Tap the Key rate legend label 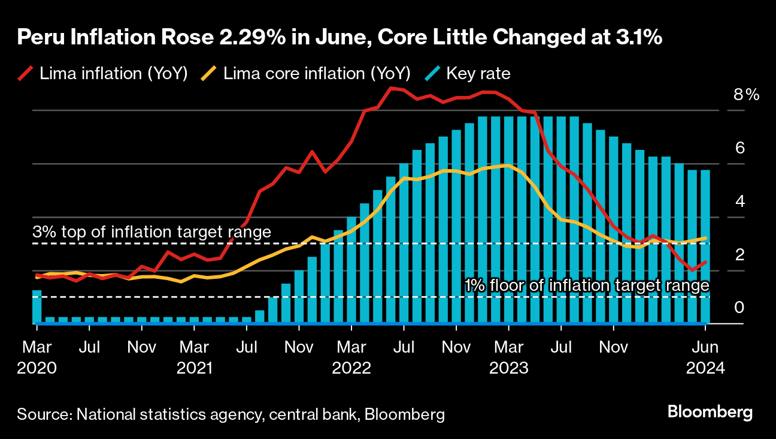tap(478, 74)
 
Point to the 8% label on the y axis tap(745, 95)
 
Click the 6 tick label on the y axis tap(739, 148)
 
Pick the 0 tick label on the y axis tap(739, 308)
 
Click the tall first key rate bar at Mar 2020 tap(37, 307)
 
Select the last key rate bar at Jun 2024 tap(705, 247)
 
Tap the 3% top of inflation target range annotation tap(152, 232)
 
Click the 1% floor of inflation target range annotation tap(587, 286)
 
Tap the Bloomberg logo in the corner tap(710, 413)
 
